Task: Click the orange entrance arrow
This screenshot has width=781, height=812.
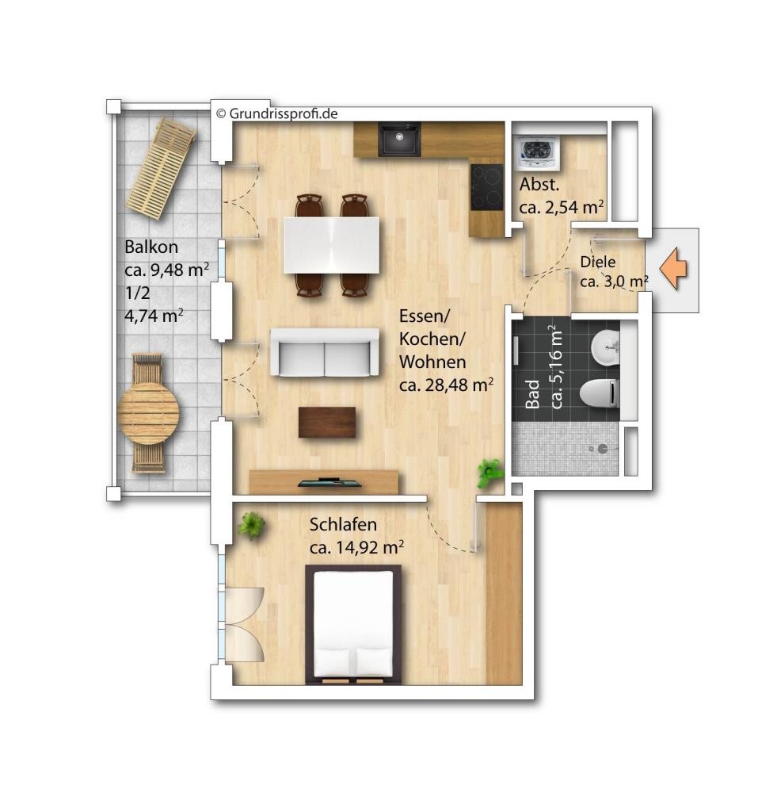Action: point(673,269)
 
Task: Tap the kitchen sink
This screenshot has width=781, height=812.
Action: point(398,139)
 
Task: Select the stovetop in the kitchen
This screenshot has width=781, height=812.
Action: point(486,187)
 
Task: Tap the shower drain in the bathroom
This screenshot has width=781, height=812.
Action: point(602,449)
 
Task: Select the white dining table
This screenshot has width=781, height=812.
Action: point(331,245)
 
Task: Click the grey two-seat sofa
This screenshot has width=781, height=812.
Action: point(324,352)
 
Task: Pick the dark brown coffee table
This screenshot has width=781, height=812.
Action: point(327,422)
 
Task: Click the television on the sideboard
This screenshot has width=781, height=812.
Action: point(330,483)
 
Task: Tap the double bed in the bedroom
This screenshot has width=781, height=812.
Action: point(354,624)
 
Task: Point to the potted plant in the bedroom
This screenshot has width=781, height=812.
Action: point(251,525)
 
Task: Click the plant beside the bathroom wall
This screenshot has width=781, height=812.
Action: point(490,473)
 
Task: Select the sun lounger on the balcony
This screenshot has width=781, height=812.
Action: point(162,169)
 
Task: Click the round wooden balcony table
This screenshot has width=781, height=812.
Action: point(148,412)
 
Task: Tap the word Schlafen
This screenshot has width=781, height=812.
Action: point(343,525)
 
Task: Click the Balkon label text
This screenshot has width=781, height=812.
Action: point(151,247)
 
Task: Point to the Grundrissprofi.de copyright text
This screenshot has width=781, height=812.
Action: point(276,113)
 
